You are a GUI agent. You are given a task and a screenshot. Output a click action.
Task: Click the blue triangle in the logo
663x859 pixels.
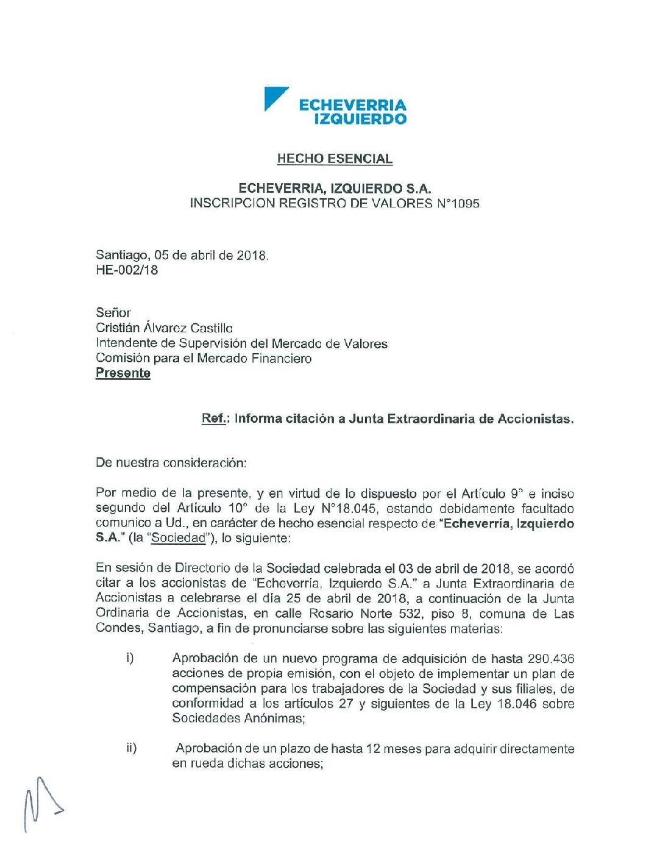coord(273,97)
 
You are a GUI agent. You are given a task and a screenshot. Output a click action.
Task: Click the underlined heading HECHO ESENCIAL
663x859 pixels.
coord(335,159)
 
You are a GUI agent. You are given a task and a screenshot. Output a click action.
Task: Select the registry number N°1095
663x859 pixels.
coord(458,203)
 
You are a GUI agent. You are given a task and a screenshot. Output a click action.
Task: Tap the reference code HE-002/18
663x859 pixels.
coord(127,270)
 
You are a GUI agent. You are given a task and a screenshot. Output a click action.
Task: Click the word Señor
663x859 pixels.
coord(113,313)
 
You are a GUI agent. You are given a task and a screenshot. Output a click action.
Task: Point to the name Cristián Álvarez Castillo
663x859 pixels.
coord(164,328)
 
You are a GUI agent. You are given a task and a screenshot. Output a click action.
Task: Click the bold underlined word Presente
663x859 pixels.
coord(123,373)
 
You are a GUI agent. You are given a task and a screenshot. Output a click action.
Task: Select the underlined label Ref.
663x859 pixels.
coord(214,419)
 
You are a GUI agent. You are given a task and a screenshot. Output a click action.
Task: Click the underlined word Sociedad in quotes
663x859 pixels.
coord(179,538)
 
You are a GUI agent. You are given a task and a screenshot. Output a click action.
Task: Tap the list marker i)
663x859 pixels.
coord(130,658)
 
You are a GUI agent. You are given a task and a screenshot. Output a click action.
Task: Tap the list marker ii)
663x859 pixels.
coord(132,748)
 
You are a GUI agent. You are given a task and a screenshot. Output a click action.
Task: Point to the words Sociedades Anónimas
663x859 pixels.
coord(237,718)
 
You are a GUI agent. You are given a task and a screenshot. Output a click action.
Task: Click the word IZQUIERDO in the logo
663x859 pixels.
coord(360,119)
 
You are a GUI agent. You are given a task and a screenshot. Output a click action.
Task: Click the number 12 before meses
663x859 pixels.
coord(373,749)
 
